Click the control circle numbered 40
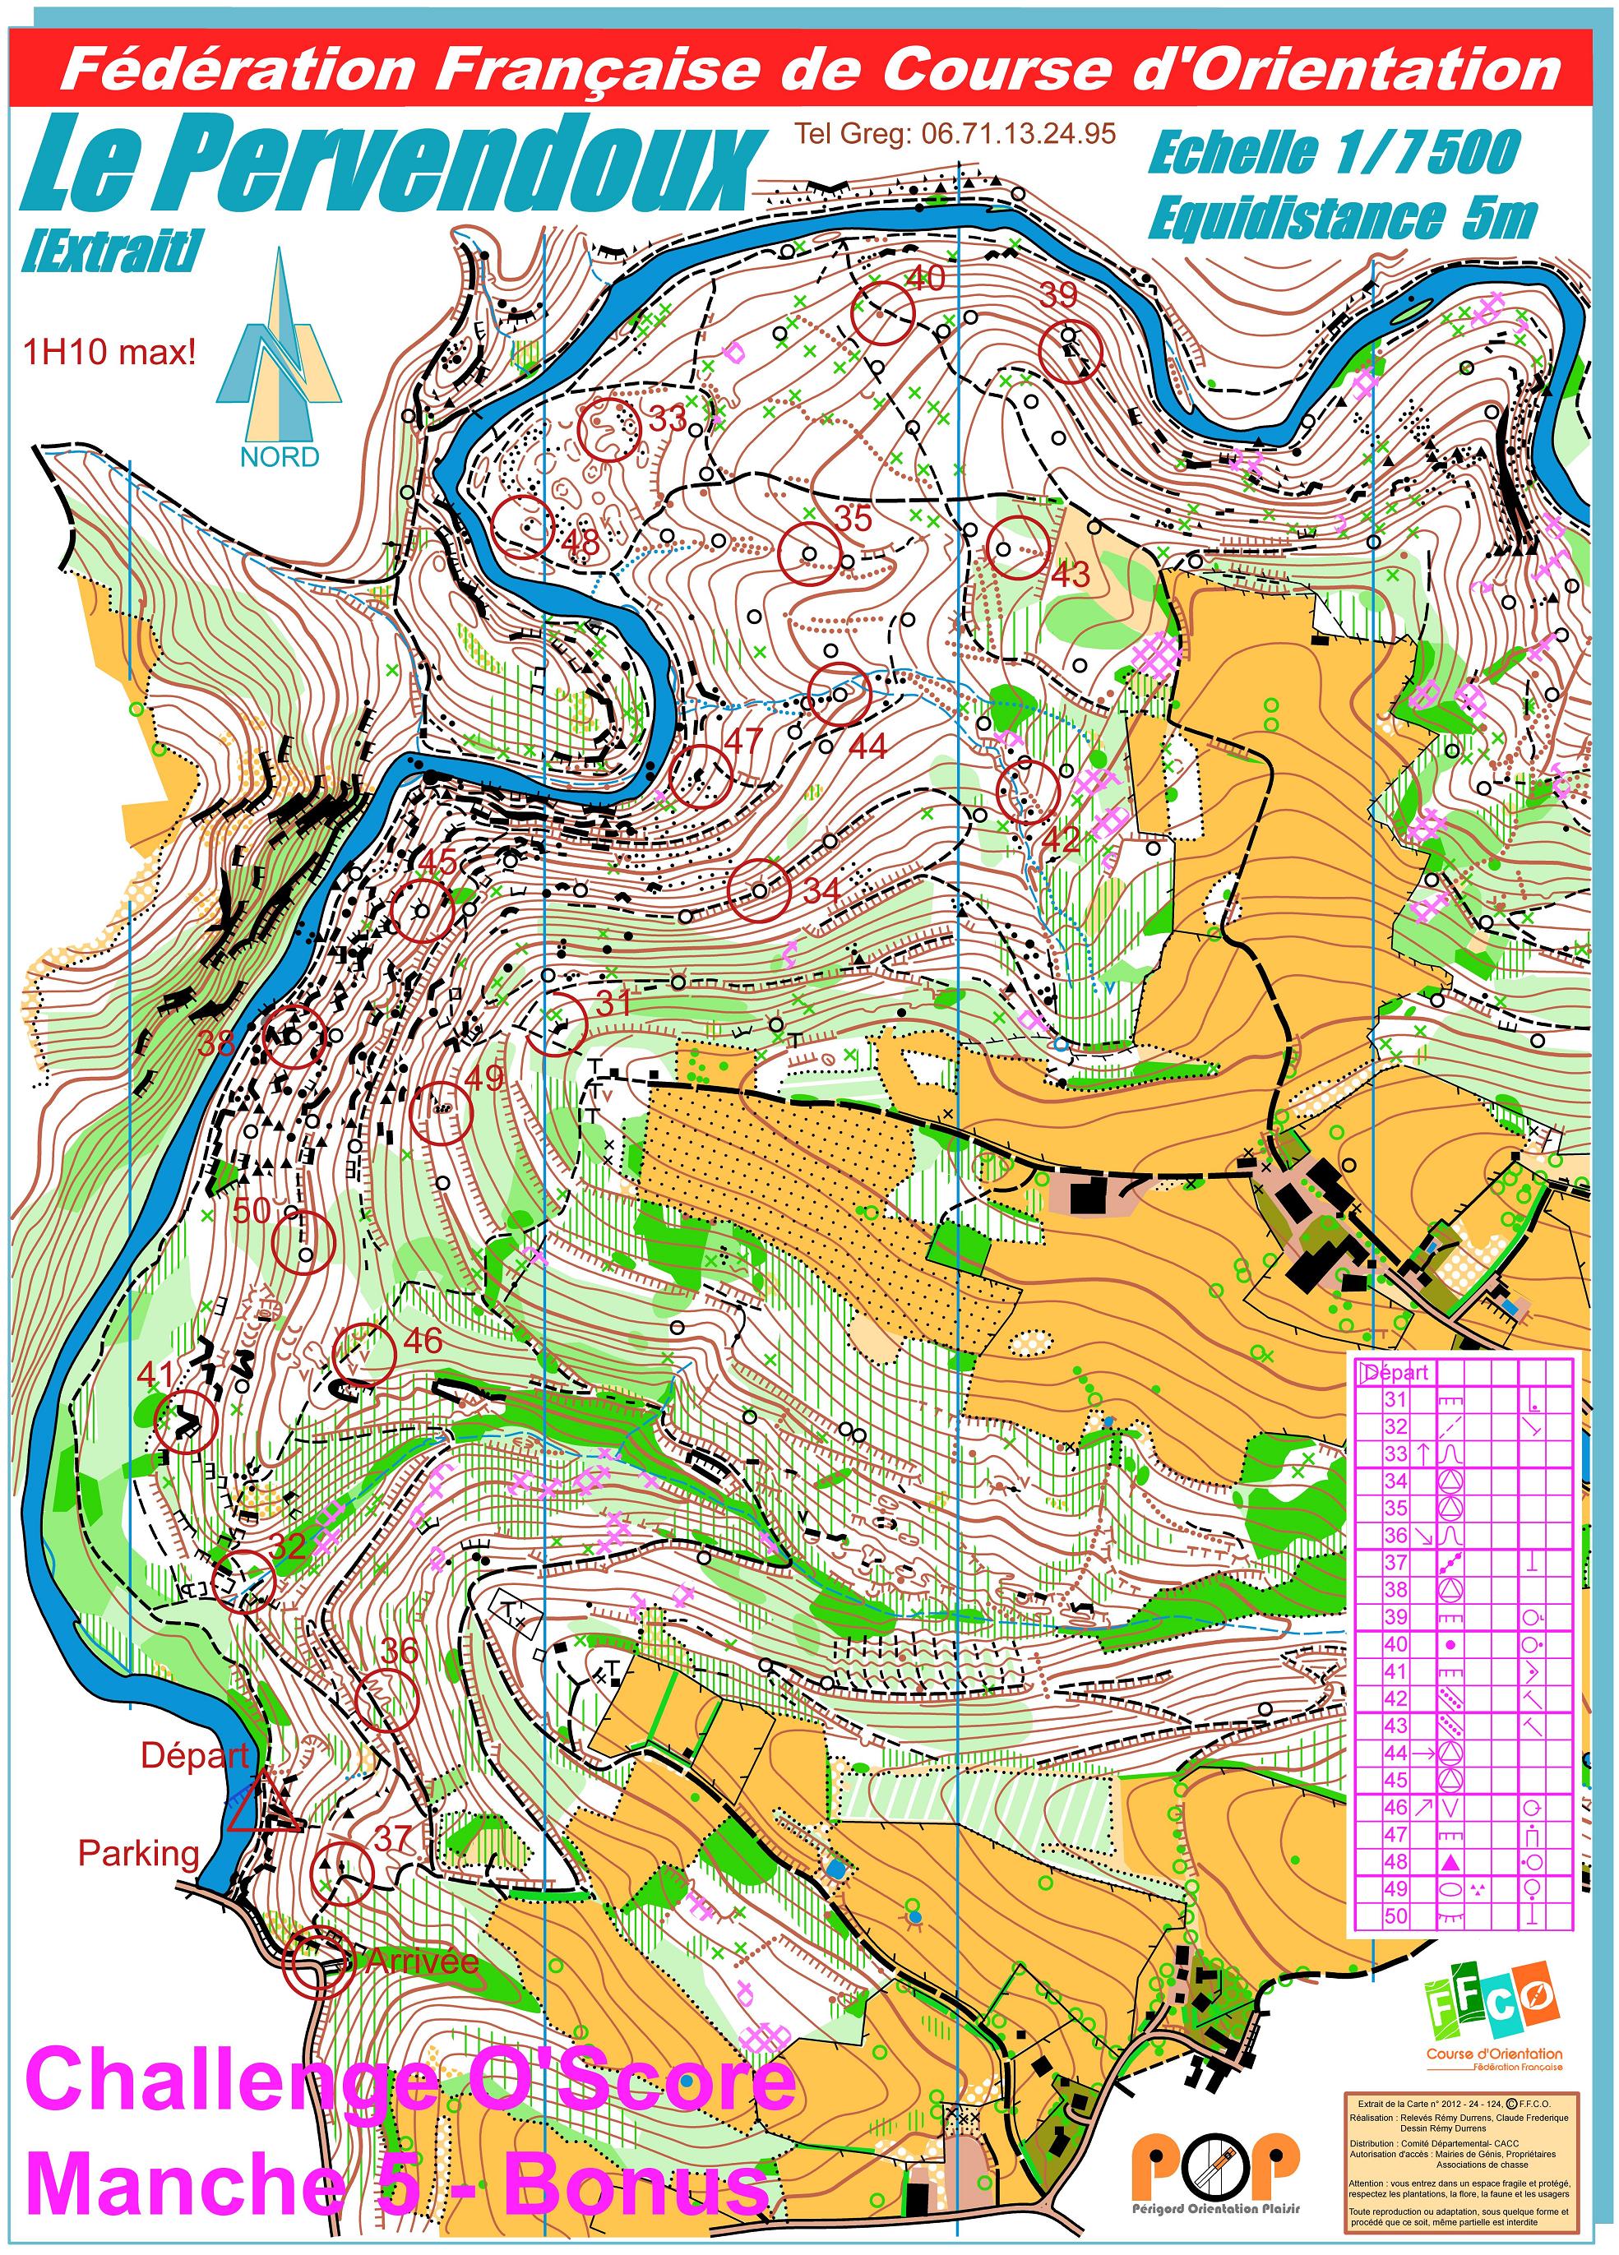pos(883,312)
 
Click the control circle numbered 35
pos(808,552)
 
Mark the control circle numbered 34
pos(759,890)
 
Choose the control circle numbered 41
pos(187,1421)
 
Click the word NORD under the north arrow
pos(280,456)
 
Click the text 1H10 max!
pos(109,352)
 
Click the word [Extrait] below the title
pos(109,251)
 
